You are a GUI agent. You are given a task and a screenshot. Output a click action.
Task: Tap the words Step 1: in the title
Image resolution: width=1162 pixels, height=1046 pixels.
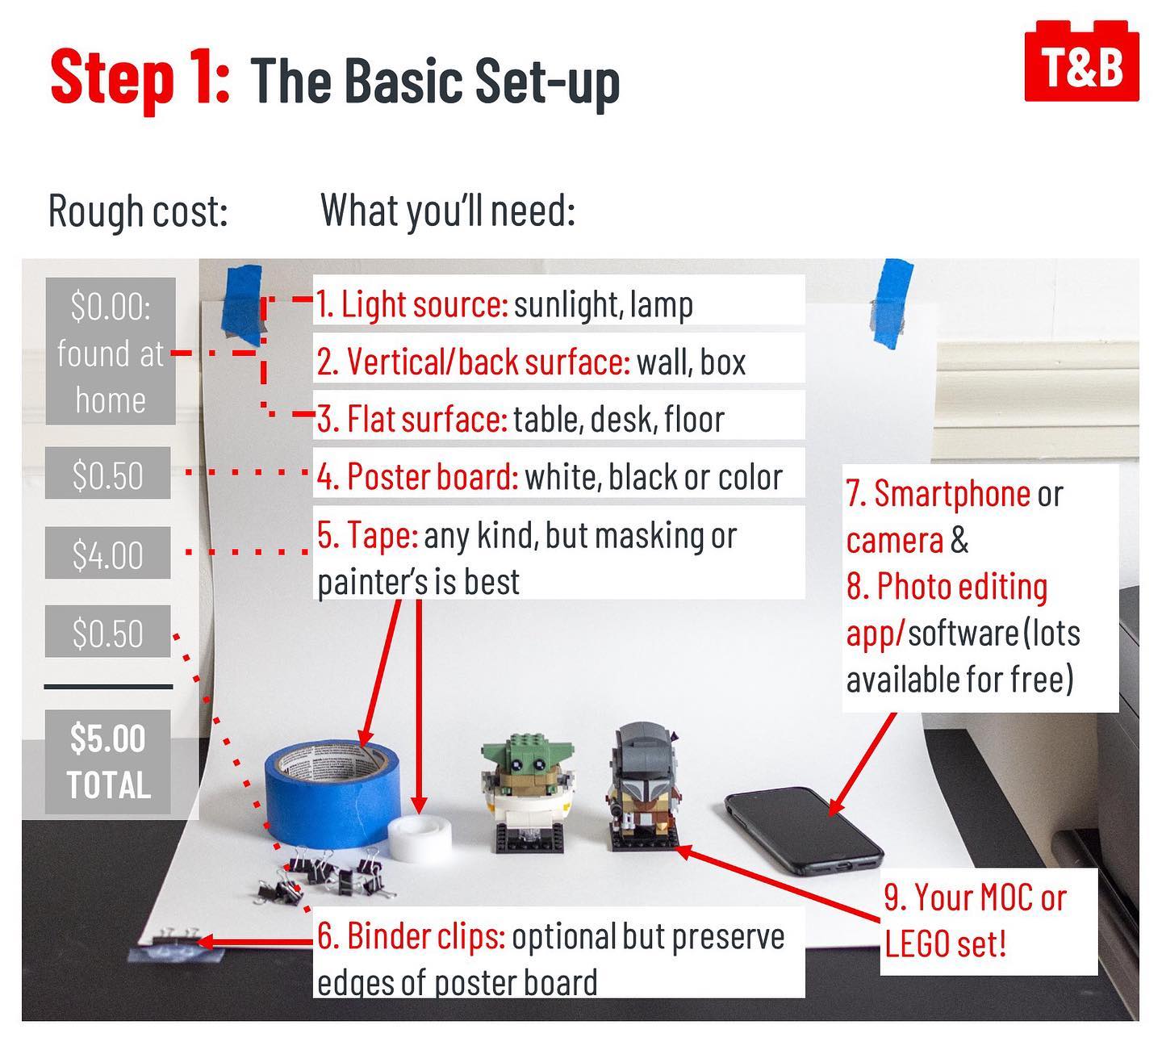(x=140, y=77)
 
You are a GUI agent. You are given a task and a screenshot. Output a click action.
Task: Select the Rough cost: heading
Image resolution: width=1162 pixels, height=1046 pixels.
(x=138, y=211)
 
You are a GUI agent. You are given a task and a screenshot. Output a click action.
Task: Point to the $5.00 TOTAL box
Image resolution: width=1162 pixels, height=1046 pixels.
(x=108, y=761)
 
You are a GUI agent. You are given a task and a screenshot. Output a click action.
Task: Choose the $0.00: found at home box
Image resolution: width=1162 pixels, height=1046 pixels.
(x=110, y=351)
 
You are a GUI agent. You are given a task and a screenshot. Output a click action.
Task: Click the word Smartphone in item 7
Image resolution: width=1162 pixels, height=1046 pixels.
(x=951, y=494)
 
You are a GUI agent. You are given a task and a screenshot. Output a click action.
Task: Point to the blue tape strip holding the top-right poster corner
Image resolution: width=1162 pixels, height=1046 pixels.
(x=891, y=303)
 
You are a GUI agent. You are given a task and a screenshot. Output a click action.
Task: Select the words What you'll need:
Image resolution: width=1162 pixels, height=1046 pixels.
(x=448, y=211)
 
